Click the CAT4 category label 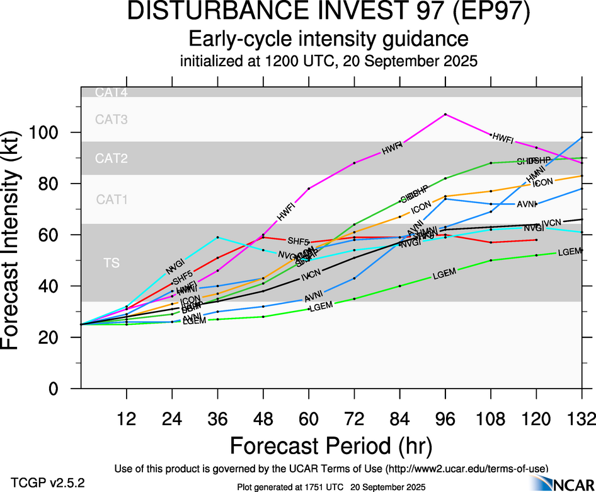click(112, 93)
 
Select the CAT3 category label click(112, 119)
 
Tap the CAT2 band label click(112, 158)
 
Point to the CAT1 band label click(112, 199)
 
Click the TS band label click(112, 264)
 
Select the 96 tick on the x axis click(445, 418)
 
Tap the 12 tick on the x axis click(127, 418)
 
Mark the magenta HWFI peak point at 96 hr click(445, 114)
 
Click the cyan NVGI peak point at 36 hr click(217, 237)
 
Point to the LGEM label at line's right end click(569, 252)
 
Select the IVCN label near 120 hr click(551, 223)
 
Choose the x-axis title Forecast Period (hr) click(330, 445)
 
